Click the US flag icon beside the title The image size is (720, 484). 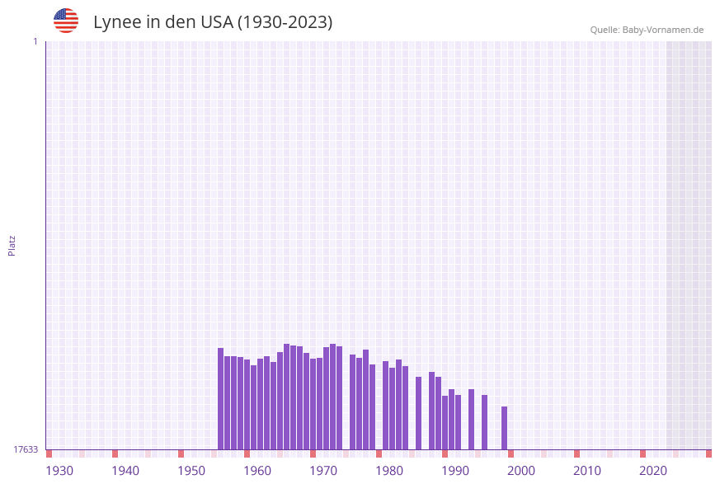[66, 21]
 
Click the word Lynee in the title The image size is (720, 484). [115, 22]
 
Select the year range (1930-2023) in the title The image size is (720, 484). [285, 22]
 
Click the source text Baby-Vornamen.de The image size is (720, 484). [663, 30]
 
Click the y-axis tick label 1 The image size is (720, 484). [35, 41]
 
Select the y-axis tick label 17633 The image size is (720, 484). [26, 449]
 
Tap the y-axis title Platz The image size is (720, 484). [12, 245]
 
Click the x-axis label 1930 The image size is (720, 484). [59, 471]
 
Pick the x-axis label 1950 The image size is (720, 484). [191, 471]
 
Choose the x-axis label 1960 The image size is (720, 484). [257, 471]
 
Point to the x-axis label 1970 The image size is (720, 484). [323, 471]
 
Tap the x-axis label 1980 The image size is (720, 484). [389, 471]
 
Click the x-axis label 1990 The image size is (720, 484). [455, 471]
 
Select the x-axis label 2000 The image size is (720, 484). [521, 471]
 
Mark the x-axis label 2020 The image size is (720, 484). [653, 471]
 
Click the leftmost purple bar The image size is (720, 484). [221, 399]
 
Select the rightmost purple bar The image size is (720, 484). [504, 428]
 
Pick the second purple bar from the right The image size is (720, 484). [484, 422]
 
